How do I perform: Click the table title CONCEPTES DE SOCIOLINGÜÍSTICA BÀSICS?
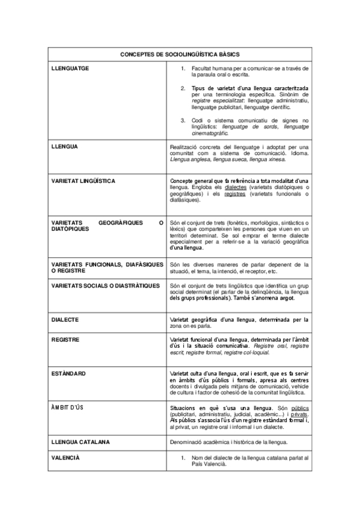click(179, 54)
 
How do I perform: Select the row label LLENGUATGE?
click(70, 68)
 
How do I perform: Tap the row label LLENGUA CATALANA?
click(81, 442)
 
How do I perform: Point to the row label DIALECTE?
click(66, 319)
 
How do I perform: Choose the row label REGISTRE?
click(66, 339)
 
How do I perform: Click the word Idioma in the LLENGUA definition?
click(297, 153)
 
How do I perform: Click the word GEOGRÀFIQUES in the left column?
click(119, 223)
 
